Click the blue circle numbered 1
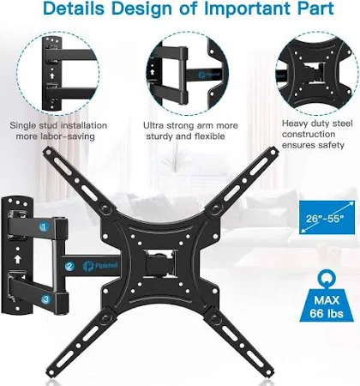[44, 227]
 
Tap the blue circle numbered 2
[69, 267]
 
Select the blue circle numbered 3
[45, 299]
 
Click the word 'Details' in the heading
[74, 9]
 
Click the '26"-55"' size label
[324, 219]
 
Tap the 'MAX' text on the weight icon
[327, 300]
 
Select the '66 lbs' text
[327, 313]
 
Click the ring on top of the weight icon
[327, 278]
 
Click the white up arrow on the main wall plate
[18, 259]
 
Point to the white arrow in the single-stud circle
[52, 75]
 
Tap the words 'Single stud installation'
[58, 125]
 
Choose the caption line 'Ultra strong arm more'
[190, 125]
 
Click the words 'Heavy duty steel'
[317, 124]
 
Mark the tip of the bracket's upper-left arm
[47, 151]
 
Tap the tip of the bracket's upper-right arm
[273, 150]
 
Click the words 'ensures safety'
[313, 145]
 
